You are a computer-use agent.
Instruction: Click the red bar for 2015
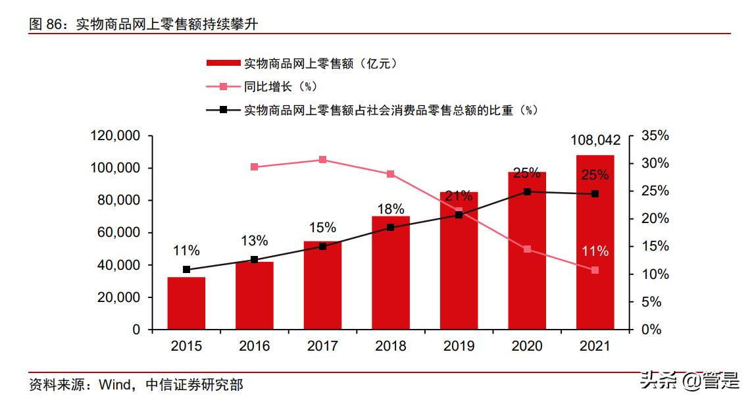pos(186,303)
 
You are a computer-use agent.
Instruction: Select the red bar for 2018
pos(390,272)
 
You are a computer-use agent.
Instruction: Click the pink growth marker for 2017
pos(322,160)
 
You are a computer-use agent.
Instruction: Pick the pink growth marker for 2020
pos(527,249)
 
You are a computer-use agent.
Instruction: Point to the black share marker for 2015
pos(186,270)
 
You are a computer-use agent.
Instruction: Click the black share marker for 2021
pos(595,194)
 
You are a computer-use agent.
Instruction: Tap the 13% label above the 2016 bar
pos(254,240)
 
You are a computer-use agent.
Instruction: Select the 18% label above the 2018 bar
pos(390,209)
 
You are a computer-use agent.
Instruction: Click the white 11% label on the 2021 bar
pos(595,251)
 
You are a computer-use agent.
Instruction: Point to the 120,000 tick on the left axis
pos(116,136)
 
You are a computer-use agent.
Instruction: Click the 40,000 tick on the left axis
pos(119,265)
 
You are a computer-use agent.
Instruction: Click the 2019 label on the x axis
pos(459,346)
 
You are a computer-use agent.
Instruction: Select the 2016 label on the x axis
pos(254,346)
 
